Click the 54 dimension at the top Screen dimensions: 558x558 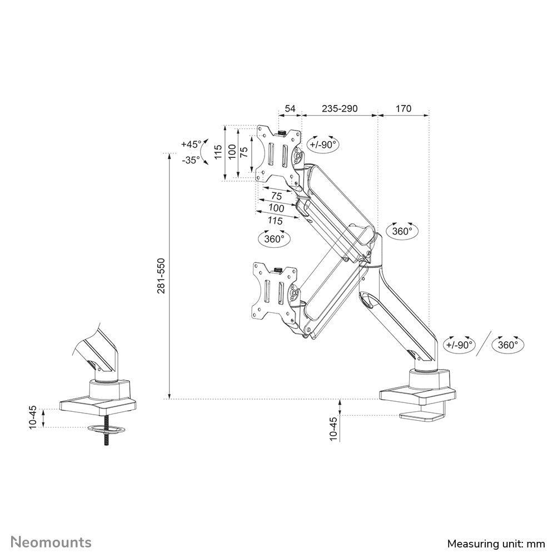(290, 108)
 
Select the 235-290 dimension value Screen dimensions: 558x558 (340, 108)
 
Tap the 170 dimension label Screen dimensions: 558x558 (403, 108)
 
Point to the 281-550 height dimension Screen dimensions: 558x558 (161, 276)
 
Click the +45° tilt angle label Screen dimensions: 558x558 (191, 144)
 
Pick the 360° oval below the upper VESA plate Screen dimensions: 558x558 (275, 238)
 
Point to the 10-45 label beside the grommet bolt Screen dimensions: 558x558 (33, 417)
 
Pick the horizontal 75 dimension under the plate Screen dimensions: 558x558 (276, 196)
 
